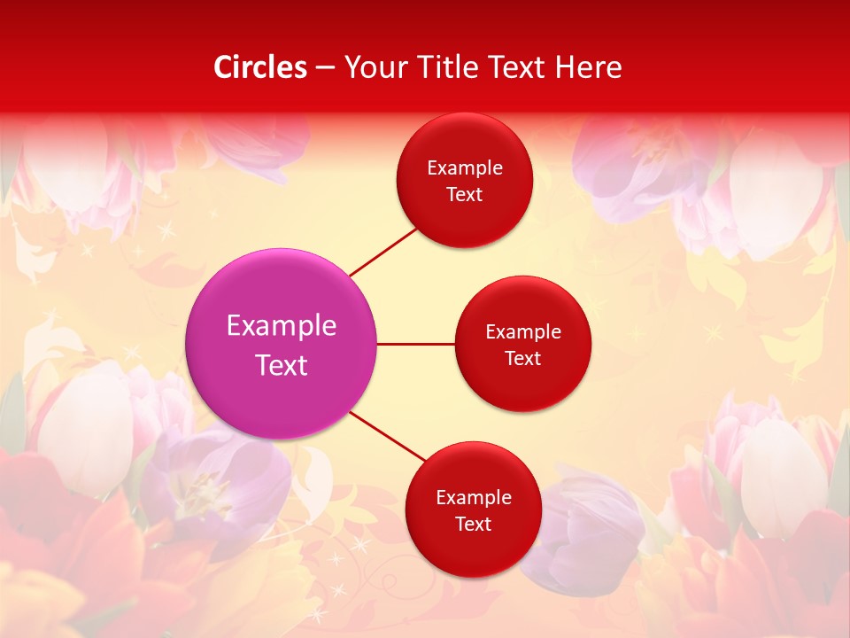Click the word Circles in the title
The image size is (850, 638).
pyautogui.click(x=260, y=67)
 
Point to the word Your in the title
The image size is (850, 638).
pyautogui.click(x=375, y=68)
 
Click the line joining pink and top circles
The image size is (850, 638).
pyautogui.click(x=382, y=252)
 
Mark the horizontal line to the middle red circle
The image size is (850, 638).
pyautogui.click(x=415, y=344)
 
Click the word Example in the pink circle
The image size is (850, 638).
pyautogui.click(x=282, y=326)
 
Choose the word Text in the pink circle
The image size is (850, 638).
pyautogui.click(x=282, y=365)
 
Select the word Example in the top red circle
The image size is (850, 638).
pyautogui.click(x=465, y=168)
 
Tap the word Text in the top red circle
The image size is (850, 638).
pyautogui.click(x=464, y=195)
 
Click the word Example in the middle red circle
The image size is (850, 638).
pyautogui.click(x=523, y=332)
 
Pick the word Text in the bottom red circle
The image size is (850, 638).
pyautogui.click(x=473, y=525)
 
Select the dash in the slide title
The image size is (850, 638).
pyautogui.click(x=325, y=68)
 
